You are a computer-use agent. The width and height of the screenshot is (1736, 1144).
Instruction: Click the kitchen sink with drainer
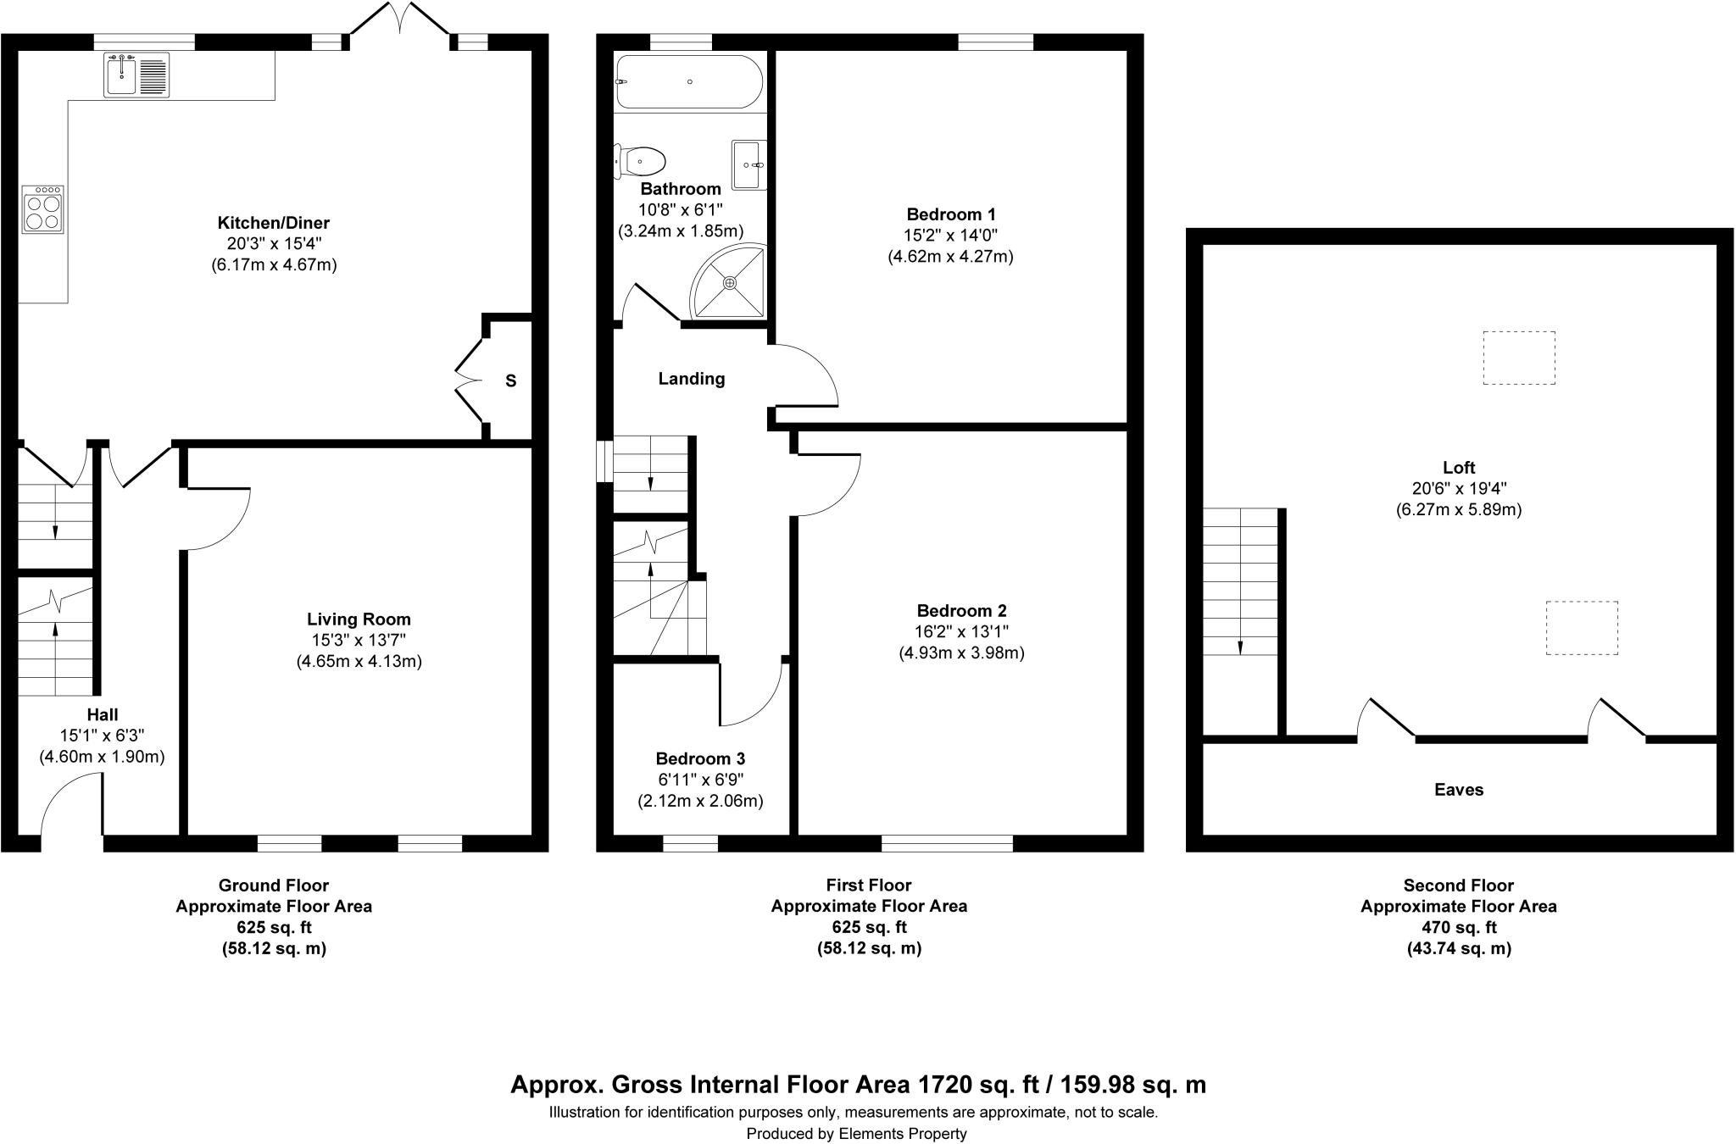pyautogui.click(x=137, y=75)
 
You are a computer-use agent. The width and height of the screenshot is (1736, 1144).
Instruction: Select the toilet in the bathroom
pyautogui.click(x=639, y=159)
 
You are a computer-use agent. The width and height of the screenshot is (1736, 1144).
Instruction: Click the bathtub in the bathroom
pyautogui.click(x=690, y=81)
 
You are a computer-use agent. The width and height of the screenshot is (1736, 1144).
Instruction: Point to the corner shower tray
pyautogui.click(x=730, y=281)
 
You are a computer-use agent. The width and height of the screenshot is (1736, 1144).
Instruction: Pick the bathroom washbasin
pyautogui.click(x=749, y=165)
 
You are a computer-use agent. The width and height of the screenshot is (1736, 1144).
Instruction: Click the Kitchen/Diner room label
pyautogui.click(x=274, y=223)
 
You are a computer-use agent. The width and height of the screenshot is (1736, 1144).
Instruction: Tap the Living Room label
pyautogui.click(x=359, y=619)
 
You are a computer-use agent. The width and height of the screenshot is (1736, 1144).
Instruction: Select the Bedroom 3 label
pyautogui.click(x=700, y=758)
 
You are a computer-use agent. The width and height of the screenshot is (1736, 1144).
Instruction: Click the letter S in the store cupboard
pyautogui.click(x=511, y=381)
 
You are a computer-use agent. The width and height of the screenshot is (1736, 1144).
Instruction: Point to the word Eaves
pyautogui.click(x=1459, y=790)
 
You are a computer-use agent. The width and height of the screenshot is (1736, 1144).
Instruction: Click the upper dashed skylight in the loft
pyautogui.click(x=1519, y=358)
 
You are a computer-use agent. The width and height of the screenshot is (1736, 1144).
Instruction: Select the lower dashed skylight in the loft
pyautogui.click(x=1582, y=628)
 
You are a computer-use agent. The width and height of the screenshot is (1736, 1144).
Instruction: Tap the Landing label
pyautogui.click(x=692, y=379)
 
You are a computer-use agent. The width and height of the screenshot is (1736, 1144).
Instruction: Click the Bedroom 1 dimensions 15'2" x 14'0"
pyautogui.click(x=950, y=235)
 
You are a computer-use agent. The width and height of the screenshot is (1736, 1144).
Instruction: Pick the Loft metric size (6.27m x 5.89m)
pyautogui.click(x=1459, y=510)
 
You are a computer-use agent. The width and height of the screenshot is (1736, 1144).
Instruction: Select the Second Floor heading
pyautogui.click(x=1459, y=886)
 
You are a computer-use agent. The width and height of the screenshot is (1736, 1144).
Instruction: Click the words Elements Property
pyautogui.click(x=903, y=1134)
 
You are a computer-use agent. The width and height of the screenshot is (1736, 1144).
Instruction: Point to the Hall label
pyautogui.click(x=103, y=714)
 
